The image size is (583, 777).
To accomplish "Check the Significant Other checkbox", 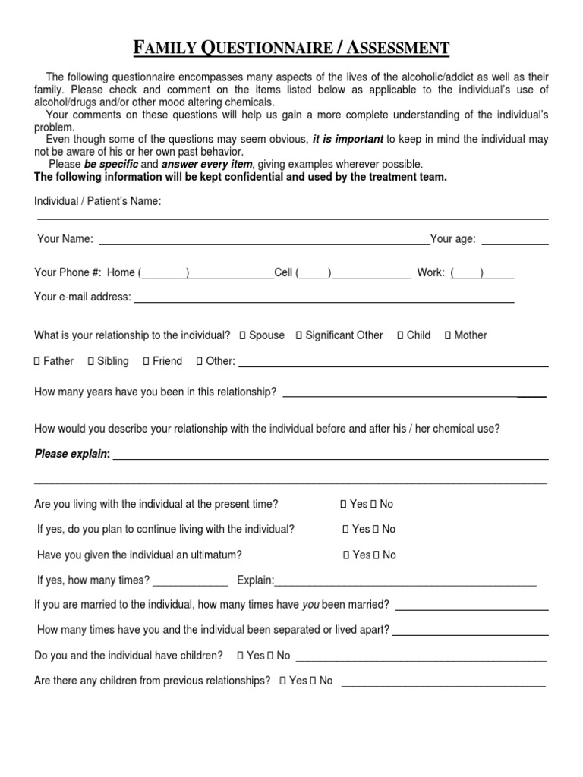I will pyautogui.click(x=299, y=335).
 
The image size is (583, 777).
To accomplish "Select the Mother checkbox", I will pyautogui.click(x=448, y=335).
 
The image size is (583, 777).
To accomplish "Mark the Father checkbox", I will pyautogui.click(x=37, y=361).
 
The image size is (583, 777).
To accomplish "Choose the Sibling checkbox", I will pyautogui.click(x=91, y=361).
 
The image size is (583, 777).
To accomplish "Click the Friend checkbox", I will pyautogui.click(x=146, y=361).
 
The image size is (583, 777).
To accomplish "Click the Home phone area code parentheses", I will pyautogui.click(x=164, y=273).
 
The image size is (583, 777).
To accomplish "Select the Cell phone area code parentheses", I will pyautogui.click(x=313, y=273).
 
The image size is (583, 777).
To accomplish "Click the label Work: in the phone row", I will pyautogui.click(x=430, y=273).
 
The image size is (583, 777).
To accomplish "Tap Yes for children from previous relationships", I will pyautogui.click(x=282, y=681).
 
